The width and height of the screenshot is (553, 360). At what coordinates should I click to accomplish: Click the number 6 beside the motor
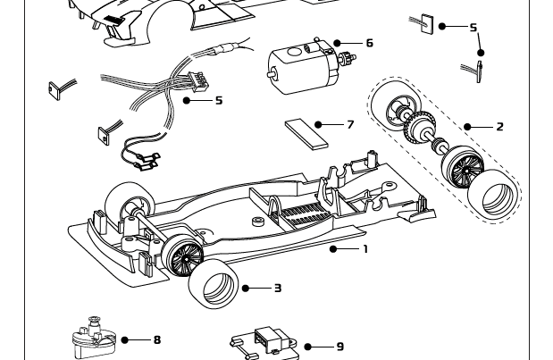(x=369, y=43)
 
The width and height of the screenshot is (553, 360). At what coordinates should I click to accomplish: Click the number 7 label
(x=350, y=124)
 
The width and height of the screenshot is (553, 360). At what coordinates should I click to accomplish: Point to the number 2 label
(x=499, y=127)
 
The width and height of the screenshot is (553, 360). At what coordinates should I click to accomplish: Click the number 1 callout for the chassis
(x=364, y=249)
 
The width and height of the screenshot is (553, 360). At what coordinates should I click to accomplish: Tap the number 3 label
(x=278, y=288)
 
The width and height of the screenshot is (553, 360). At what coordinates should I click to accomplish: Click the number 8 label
(x=157, y=339)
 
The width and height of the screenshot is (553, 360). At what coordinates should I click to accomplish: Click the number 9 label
(x=339, y=347)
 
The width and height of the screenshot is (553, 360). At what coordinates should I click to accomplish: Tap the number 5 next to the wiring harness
(x=219, y=100)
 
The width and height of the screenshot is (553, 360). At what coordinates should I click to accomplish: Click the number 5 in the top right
(x=473, y=28)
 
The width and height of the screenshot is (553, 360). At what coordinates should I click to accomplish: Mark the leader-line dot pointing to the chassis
(x=333, y=249)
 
